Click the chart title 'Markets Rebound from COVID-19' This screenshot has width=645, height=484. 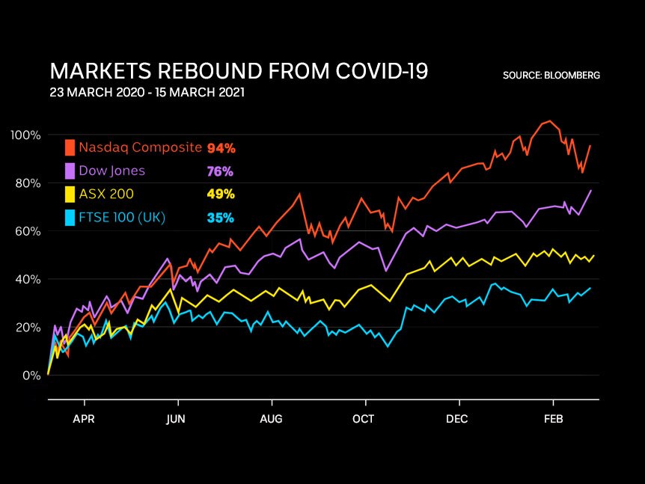[x=239, y=72]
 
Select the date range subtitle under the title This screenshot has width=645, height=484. [x=147, y=93]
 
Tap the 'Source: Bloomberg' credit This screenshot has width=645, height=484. [x=551, y=76]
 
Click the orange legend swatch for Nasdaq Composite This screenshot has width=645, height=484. [x=70, y=147]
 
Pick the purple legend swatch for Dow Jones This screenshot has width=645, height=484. [x=70, y=171]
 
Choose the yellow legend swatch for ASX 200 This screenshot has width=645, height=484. [x=70, y=194]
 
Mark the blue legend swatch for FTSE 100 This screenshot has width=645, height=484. [x=70, y=218]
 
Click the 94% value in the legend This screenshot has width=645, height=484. [x=221, y=148]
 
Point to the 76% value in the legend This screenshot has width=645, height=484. [x=220, y=171]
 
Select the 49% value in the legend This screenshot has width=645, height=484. [x=221, y=194]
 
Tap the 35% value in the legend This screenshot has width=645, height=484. [x=220, y=218]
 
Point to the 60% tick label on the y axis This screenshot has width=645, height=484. [x=25, y=231]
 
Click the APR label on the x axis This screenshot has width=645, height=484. [x=83, y=419]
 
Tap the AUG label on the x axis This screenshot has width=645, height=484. [x=271, y=419]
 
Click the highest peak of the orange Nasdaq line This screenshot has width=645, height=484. [x=550, y=120]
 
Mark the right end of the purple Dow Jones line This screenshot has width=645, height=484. [x=591, y=190]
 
